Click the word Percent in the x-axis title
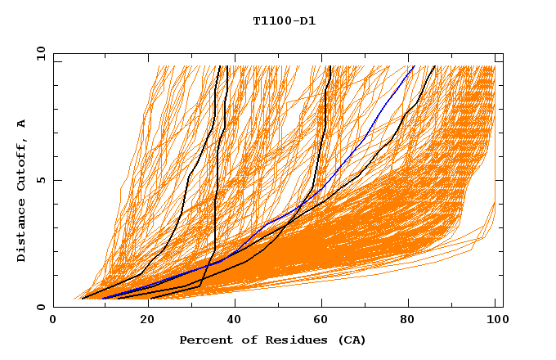pos(205,340)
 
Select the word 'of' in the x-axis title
pos(244,340)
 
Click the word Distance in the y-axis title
pos(22,231)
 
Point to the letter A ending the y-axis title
pos(22,123)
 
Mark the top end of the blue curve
pos(415,65)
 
